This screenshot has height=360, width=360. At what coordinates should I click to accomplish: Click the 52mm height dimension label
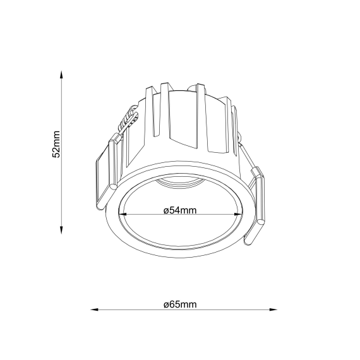(x=56, y=145)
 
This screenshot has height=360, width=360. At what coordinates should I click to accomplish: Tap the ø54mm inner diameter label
(x=180, y=210)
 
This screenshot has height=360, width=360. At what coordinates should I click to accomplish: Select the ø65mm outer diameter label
(x=180, y=304)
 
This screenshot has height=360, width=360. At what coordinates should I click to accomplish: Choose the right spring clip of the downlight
(x=255, y=208)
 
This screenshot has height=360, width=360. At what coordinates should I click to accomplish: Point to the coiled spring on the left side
(x=130, y=117)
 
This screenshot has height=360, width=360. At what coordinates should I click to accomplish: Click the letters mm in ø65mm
(x=189, y=304)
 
